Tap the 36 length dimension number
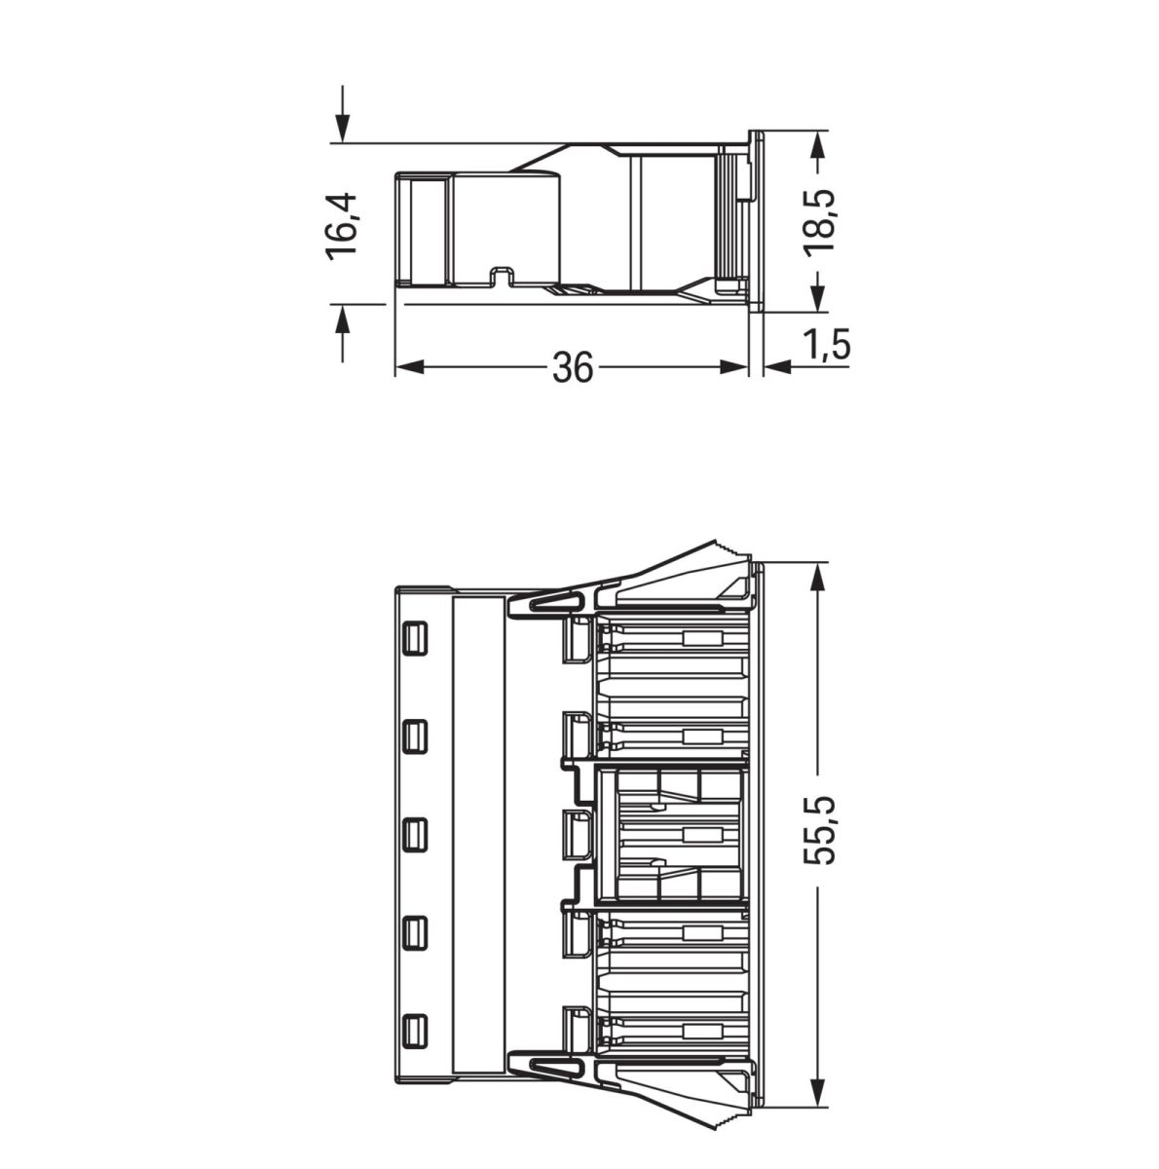click(x=573, y=367)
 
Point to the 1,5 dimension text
click(x=826, y=345)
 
